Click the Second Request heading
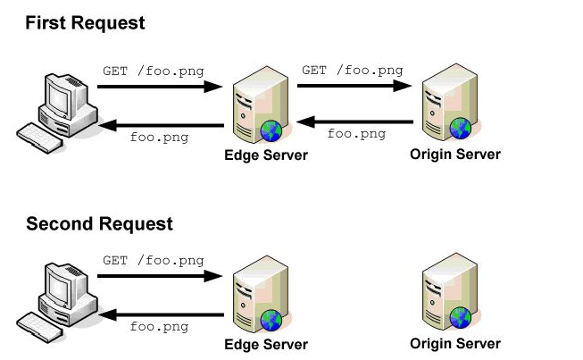[99, 223]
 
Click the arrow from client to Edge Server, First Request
[159, 88]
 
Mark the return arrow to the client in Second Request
[159, 314]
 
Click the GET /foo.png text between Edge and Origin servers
[352, 70]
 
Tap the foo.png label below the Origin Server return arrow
[356, 134]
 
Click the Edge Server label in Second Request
[265, 345]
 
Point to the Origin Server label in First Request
[455, 155]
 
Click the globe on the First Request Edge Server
[271, 132]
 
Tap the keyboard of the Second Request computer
[43, 326]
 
